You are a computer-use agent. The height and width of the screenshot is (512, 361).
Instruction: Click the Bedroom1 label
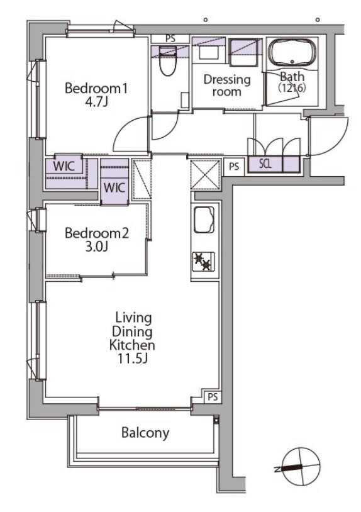click(96, 88)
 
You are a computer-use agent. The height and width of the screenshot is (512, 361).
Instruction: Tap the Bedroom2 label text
click(97, 233)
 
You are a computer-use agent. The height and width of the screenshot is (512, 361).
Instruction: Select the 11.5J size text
click(133, 359)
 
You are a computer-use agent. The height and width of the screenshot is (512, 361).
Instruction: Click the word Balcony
click(145, 433)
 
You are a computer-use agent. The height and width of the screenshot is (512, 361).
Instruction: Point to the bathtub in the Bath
click(292, 53)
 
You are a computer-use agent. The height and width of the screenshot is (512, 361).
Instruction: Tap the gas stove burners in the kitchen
click(203, 261)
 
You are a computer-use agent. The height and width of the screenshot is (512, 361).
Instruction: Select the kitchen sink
click(204, 220)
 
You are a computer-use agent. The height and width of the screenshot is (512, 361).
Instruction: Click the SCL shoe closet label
click(265, 164)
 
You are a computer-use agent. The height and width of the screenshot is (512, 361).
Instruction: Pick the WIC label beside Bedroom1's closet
click(64, 166)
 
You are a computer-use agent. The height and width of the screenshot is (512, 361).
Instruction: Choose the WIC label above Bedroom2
click(114, 188)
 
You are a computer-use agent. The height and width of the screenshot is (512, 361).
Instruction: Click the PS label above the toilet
click(170, 38)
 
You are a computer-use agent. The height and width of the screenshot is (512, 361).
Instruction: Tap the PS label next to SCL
click(234, 167)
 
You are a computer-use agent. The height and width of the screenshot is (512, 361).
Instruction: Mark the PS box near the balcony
click(213, 397)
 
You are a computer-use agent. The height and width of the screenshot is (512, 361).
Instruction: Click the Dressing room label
click(227, 85)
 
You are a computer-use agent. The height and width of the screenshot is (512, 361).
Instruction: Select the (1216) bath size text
click(291, 88)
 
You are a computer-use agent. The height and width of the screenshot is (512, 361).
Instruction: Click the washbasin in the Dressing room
click(209, 52)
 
